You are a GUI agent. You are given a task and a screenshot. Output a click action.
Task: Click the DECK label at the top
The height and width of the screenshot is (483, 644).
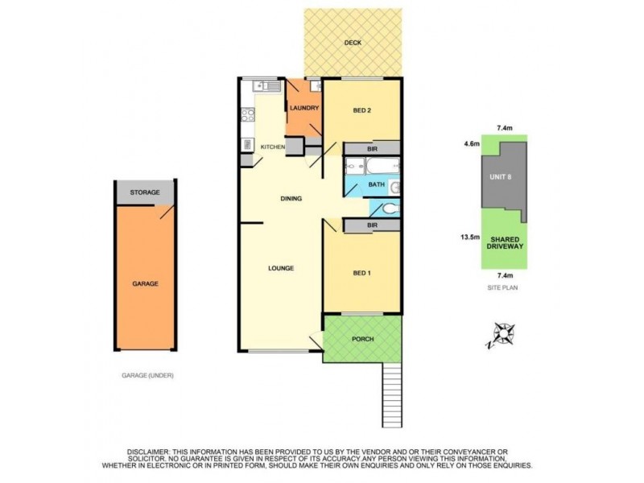coord(352,43)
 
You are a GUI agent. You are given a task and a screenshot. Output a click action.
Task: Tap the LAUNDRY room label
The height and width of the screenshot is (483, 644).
coord(303,108)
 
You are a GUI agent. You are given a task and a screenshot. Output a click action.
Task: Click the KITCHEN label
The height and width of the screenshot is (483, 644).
coord(272,147)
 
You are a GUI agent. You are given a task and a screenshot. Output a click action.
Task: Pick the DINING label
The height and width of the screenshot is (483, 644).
coord(291,199)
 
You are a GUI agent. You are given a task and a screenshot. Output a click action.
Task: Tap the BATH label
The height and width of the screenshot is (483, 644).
coord(376,184)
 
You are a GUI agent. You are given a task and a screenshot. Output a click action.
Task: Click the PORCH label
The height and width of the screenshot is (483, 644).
coord(363,339)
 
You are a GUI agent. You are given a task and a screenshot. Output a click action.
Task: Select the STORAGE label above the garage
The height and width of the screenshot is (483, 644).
coord(146,193)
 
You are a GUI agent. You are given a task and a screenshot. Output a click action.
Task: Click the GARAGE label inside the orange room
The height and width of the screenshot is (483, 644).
coord(145,284)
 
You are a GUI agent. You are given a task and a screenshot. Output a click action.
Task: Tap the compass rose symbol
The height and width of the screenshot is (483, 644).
coord(503,334)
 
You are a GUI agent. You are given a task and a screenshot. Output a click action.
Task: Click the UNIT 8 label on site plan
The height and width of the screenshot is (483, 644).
coord(504,178)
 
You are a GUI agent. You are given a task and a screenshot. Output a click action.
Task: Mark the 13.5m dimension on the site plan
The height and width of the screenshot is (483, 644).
coord(469,237)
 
